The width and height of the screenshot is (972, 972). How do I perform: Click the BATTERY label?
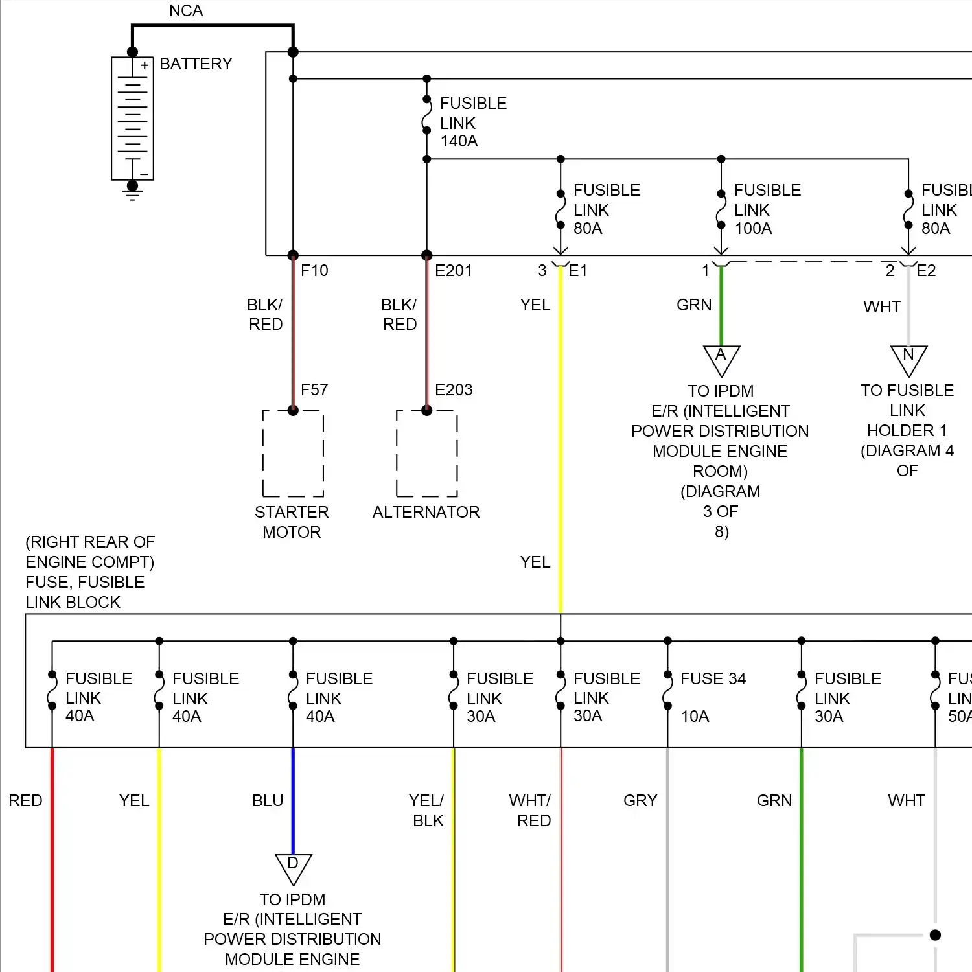point(196,64)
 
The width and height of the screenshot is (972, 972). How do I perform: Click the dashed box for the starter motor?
point(293,453)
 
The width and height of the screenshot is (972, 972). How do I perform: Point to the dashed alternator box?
point(426,453)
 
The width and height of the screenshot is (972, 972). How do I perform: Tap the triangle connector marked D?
point(293,867)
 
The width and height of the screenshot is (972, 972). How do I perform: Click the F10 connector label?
point(314,270)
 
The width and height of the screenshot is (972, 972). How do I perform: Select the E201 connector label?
point(453,270)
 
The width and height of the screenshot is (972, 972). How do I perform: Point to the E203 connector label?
point(454,389)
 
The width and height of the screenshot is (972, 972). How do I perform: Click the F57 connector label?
point(314,389)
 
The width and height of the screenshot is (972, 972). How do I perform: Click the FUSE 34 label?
point(713,678)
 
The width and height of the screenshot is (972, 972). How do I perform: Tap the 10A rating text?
point(695,716)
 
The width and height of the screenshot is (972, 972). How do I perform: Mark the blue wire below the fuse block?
point(293,800)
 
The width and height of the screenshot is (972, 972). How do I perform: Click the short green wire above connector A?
point(721,305)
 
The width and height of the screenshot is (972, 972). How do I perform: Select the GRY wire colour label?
point(640,800)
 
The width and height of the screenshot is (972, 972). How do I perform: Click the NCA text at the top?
point(186,11)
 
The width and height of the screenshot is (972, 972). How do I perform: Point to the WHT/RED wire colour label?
point(530,810)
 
